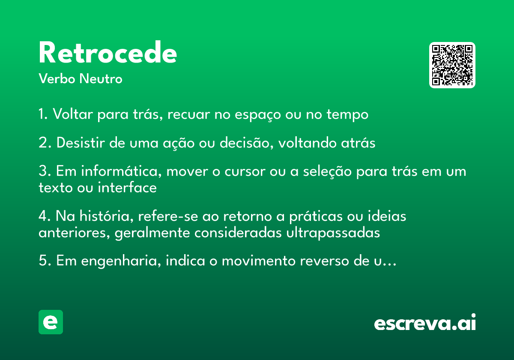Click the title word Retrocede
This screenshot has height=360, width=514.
click(108, 52)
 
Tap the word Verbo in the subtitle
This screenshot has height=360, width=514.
click(57, 78)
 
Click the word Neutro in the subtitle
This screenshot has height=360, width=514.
click(101, 78)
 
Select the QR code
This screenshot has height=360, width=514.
click(452, 65)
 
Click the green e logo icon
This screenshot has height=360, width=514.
click(51, 322)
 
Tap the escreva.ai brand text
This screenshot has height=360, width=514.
click(425, 322)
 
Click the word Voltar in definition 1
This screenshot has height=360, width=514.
click(73, 114)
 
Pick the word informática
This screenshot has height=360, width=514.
click(122, 171)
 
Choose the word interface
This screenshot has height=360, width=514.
click(127, 187)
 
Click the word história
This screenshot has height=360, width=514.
click(107, 216)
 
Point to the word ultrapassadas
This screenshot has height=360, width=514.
click(333, 233)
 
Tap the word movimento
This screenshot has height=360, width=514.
click(259, 261)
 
